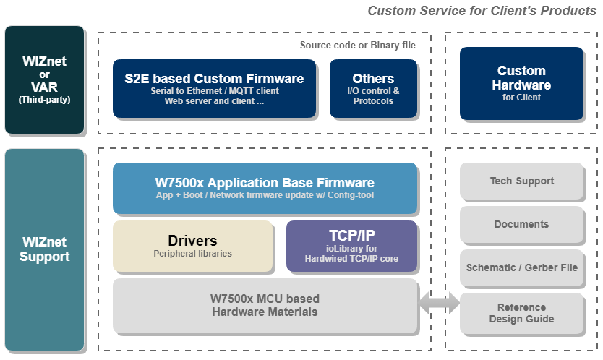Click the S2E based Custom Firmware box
pos(214,88)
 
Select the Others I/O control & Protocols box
pos(373,88)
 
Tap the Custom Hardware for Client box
pos(521,83)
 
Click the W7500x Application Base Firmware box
pos(265,188)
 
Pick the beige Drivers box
pos(192,247)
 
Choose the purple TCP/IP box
pos(351,247)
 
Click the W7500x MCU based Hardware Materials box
pos(265,306)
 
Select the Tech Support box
pos(521,181)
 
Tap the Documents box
pos(521,224)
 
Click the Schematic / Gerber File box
pos(521,267)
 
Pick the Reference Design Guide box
pos(521,313)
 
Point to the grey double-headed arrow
pos(439,303)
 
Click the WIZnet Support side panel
pos(44,249)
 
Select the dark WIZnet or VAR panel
pos(44,80)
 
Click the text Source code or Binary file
pos(358,46)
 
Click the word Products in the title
pos(568,11)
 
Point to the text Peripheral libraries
pos(192,254)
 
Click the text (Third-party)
pos(45,100)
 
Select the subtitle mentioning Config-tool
pos(265,195)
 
